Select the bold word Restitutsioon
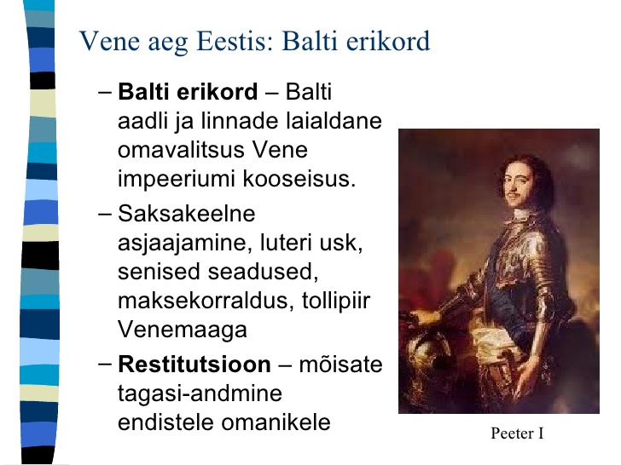194,364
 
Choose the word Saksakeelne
187,214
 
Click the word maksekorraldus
206,301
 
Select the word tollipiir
336,301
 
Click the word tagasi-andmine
200,393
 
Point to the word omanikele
276,422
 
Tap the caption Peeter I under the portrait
517,433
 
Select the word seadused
263,272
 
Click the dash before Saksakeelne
105,215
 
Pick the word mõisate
340,364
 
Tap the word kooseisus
299,179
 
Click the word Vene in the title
110,41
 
